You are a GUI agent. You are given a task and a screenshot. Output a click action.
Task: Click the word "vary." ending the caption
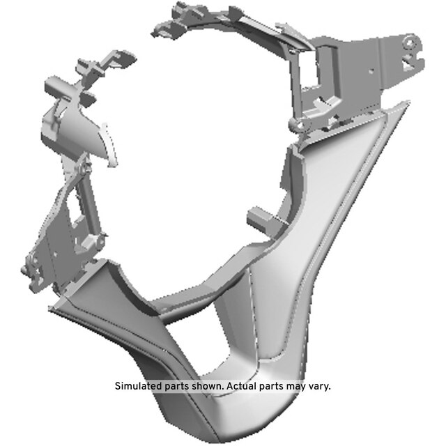point(318,387)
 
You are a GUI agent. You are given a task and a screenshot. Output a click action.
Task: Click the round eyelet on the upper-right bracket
point(410,43)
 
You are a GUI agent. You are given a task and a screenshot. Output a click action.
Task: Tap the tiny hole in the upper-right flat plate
point(371,71)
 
